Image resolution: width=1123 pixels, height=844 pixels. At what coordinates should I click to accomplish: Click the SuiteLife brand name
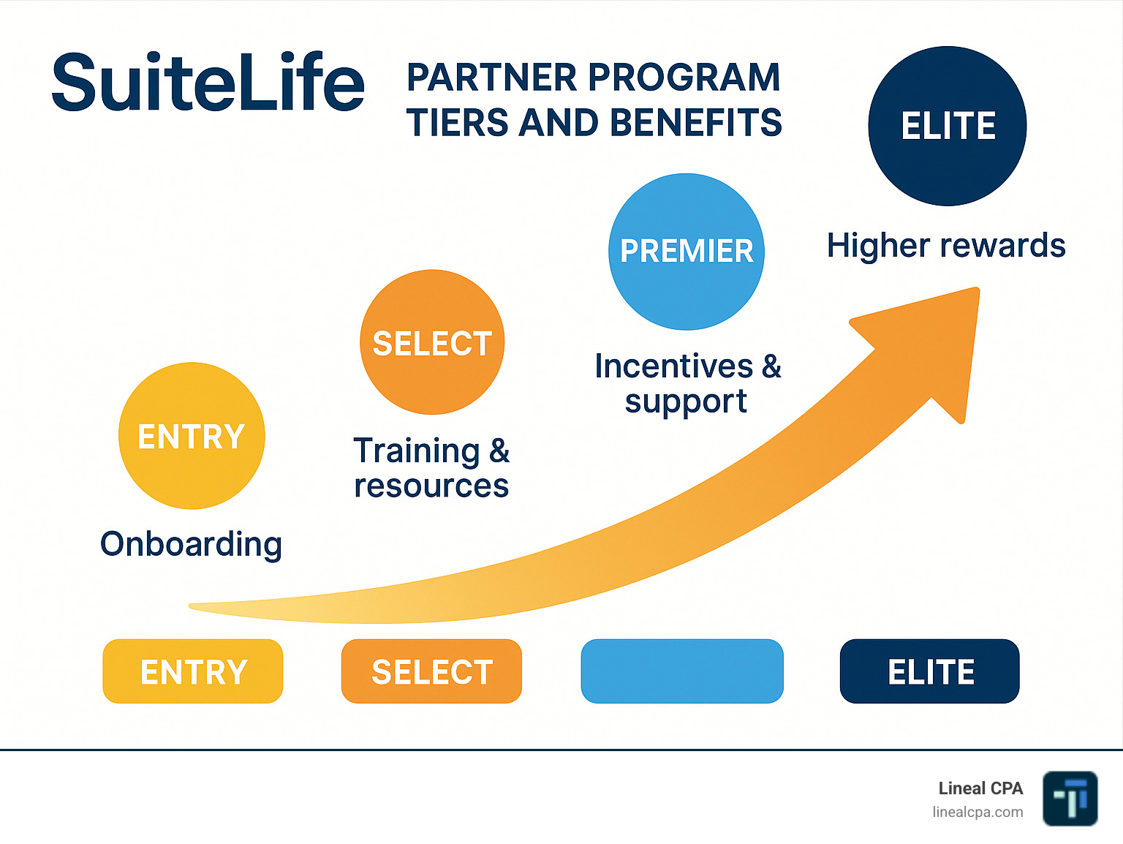pos(208,83)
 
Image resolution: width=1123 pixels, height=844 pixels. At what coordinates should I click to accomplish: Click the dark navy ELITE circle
pos(948,126)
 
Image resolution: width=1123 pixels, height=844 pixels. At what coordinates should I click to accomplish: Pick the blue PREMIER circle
pos(686,251)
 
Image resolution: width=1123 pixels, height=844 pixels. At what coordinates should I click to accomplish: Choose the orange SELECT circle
pos(432,342)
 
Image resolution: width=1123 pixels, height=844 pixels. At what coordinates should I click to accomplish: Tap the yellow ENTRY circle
pos(192,436)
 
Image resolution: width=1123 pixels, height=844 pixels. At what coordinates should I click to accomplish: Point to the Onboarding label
pos(192,544)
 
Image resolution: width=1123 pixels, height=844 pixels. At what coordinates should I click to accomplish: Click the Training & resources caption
pos(431,468)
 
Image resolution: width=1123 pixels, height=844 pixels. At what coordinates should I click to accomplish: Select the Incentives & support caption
pos(687,383)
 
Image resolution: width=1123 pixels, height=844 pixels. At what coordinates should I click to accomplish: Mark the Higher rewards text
pos(946,246)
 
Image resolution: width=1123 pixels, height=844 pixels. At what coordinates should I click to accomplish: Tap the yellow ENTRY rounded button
pos(193,671)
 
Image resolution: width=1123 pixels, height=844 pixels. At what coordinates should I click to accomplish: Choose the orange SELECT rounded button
pos(431,671)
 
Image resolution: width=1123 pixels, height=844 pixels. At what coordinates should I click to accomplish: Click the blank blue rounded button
pos(682,671)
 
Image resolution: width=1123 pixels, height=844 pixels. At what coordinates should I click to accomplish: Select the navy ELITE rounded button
pos(930,671)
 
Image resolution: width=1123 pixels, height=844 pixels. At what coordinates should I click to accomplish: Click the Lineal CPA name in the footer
pos(980,788)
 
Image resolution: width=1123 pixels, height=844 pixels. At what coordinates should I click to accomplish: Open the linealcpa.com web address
pos(978,812)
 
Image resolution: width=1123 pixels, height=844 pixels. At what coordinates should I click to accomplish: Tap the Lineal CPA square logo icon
pos(1070,799)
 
